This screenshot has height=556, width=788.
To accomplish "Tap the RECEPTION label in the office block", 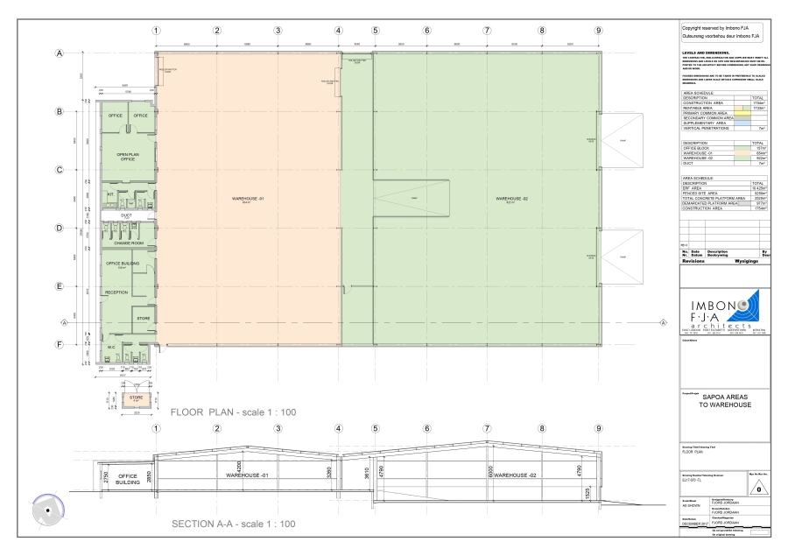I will [116, 292].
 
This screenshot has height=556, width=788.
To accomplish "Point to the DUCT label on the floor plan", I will [126, 214].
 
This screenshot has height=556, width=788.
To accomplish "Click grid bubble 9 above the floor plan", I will [599, 30].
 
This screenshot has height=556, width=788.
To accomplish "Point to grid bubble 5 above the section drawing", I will [375, 429].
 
